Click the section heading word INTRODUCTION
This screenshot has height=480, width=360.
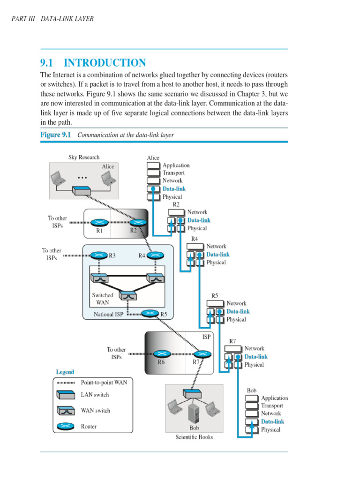(105, 63)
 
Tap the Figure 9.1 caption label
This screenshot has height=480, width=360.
(55, 135)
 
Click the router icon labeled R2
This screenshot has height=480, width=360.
(140, 223)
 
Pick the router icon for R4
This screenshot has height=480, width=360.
(155, 255)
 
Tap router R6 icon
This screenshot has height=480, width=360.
(162, 353)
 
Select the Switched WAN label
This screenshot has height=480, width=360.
(103, 299)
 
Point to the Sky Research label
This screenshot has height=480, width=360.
(84, 157)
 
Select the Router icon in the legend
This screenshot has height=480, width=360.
(65, 427)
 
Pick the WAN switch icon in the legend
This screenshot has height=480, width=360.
(65, 411)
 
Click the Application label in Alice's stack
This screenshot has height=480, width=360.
(176, 165)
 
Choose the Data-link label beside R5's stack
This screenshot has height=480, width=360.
(238, 311)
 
